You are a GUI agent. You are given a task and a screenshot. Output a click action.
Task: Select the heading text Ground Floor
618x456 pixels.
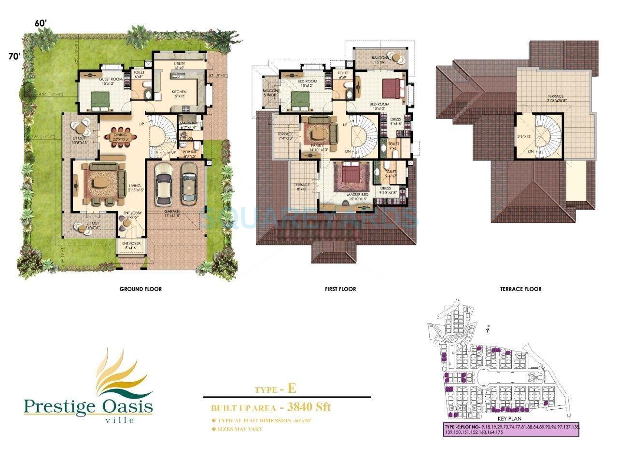(x=140, y=289)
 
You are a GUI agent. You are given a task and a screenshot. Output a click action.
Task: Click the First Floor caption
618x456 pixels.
(x=340, y=289)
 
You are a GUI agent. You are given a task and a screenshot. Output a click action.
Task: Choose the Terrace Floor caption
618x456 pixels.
(x=521, y=289)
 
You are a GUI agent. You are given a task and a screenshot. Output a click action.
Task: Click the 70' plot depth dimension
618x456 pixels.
(x=14, y=56)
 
